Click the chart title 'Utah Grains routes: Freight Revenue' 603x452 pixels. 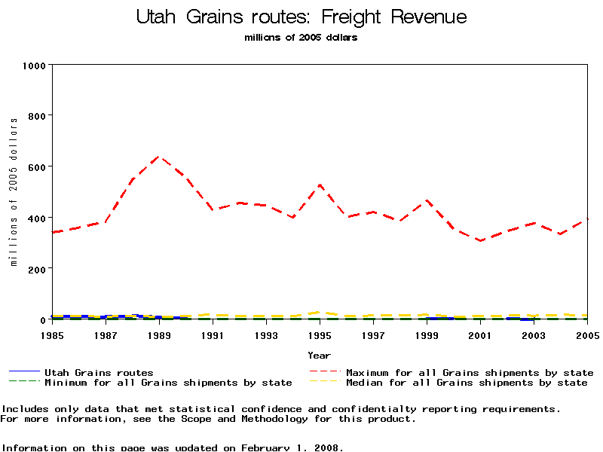pyautogui.click(x=301, y=17)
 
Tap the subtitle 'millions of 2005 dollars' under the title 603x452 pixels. pyautogui.click(x=301, y=38)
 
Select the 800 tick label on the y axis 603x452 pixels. pyautogui.click(x=36, y=116)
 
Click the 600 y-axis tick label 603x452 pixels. pyautogui.click(x=36, y=166)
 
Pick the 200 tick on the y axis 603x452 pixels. pyautogui.click(x=36, y=269)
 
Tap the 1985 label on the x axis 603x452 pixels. pyautogui.click(x=52, y=334)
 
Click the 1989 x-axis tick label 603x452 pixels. pyautogui.click(x=159, y=334)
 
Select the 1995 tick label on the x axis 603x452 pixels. pyautogui.click(x=320, y=334)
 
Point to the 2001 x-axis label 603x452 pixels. pyautogui.click(x=480, y=334)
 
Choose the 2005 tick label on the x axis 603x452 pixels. pyautogui.click(x=586, y=334)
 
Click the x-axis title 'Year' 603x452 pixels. pyautogui.click(x=319, y=355)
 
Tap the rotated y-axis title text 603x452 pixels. pyautogui.click(x=14, y=192)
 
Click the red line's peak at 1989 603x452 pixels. pyautogui.click(x=159, y=157)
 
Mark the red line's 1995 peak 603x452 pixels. pyautogui.click(x=320, y=185)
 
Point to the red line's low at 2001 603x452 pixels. pyautogui.click(x=480, y=241)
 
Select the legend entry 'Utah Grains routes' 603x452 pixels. pyautogui.click(x=98, y=373)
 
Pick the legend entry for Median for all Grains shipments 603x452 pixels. pyautogui.click(x=466, y=383)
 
